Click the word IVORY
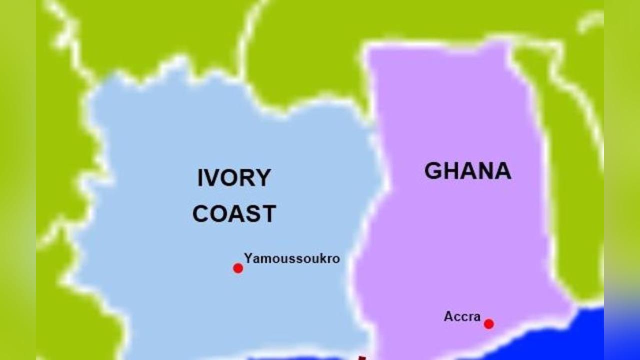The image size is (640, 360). pos(234,178)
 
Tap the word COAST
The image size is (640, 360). pos(234,214)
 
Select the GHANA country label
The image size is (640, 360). pos(467,171)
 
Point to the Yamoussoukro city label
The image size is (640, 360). pos(292,259)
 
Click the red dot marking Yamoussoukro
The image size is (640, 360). pos(238,268)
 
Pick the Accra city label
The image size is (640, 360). pos(462,316)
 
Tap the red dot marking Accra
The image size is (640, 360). pos(489,324)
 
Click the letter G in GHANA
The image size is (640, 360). pos(433,171)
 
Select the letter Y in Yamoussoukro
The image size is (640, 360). pos(248,258)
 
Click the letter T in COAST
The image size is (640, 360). pos(268,214)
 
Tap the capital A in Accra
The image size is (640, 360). pos(448,316)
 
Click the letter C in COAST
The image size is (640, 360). pos(201,214)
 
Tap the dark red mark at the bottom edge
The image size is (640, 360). pos(361,357)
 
